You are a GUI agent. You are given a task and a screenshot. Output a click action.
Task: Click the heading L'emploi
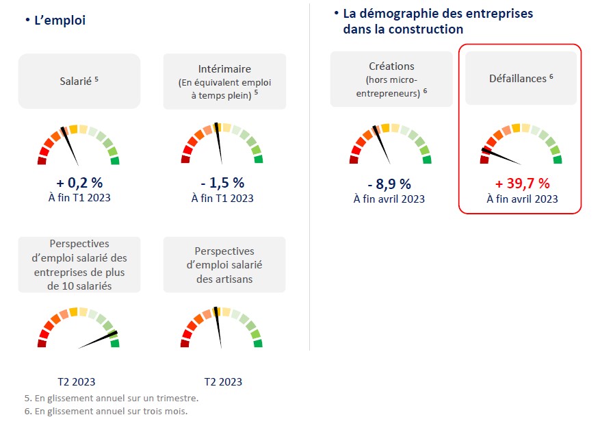[x=60, y=21]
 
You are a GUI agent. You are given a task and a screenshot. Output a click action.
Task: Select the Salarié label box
[x=79, y=81]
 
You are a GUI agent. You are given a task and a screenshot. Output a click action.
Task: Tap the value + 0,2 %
[x=79, y=183]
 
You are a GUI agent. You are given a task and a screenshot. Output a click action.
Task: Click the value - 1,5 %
[x=222, y=183]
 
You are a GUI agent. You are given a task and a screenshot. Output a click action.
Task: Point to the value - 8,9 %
[x=389, y=184]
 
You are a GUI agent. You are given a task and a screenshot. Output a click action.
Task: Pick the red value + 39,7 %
[x=522, y=184]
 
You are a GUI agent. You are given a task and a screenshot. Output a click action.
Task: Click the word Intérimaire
[x=224, y=69]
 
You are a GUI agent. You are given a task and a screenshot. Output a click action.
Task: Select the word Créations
[x=391, y=66]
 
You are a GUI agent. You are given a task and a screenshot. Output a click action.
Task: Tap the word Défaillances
[x=517, y=79]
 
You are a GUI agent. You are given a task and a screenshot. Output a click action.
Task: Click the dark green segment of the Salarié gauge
[x=115, y=161]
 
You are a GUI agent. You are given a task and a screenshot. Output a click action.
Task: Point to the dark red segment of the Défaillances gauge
[x=484, y=160]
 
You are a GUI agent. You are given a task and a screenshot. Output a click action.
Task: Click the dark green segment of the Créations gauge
[x=427, y=160]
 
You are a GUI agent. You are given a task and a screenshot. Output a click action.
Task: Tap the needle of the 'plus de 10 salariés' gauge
[x=98, y=341]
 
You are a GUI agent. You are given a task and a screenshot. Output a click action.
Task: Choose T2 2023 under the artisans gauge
[x=223, y=382]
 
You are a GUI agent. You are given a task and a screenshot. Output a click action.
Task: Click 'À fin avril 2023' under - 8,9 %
[x=389, y=199]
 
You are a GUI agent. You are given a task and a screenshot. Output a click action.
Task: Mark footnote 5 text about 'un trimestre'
[x=111, y=398]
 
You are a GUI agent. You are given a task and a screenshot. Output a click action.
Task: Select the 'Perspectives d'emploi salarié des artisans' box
[x=224, y=265]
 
